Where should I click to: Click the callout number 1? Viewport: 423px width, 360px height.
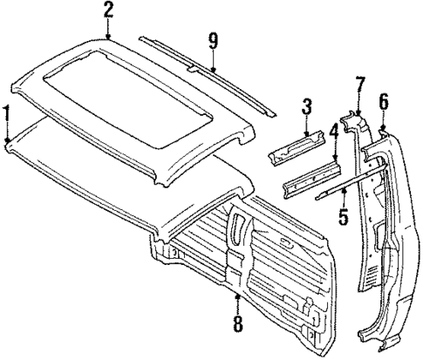coord(8,113)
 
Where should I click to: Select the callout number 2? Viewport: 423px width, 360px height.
coord(108,11)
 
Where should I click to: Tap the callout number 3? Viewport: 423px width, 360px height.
coord(306,107)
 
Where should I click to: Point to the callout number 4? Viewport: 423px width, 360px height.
coord(334,133)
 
